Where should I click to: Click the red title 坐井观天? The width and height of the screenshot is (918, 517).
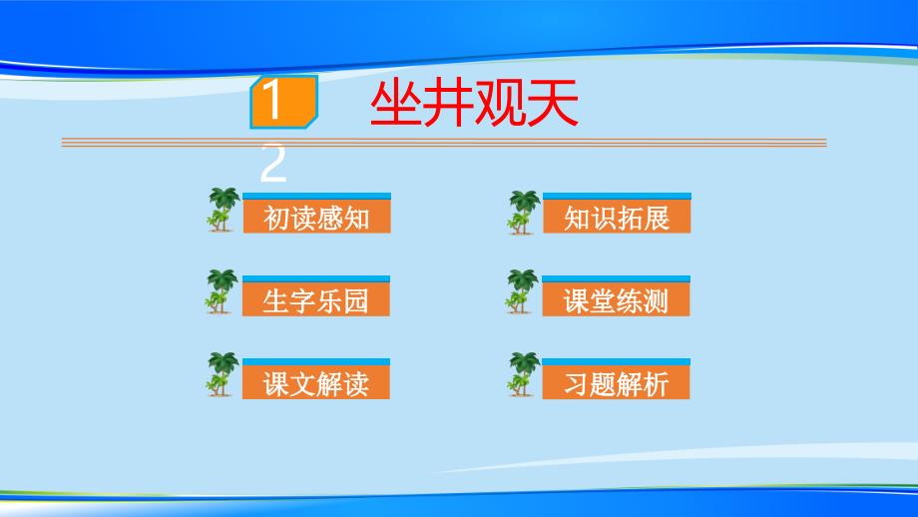pyautogui.click(x=474, y=104)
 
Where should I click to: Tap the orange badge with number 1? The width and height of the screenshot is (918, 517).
pyautogui.click(x=284, y=102)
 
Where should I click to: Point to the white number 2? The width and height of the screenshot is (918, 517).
pyautogui.click(x=272, y=164)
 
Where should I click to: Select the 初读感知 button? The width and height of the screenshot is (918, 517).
pyautogui.click(x=316, y=217)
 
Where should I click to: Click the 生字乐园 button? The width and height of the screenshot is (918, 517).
pyautogui.click(x=316, y=299)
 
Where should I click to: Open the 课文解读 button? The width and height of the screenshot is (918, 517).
pyautogui.click(x=316, y=383)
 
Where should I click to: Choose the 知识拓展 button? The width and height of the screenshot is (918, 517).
pyautogui.click(x=617, y=217)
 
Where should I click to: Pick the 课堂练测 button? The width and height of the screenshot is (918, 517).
pyautogui.click(x=616, y=299)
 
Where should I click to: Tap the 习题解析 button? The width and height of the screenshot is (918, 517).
pyautogui.click(x=616, y=383)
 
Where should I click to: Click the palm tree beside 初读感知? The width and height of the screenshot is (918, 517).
pyautogui.click(x=224, y=210)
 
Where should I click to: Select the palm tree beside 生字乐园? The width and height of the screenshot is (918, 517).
pyautogui.click(x=222, y=291)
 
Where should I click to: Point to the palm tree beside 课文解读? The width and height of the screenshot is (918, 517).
pyautogui.click(x=222, y=374)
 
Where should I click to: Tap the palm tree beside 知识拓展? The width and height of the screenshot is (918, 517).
pyautogui.click(x=524, y=212)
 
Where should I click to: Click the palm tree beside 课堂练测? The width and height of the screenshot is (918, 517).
pyautogui.click(x=522, y=291)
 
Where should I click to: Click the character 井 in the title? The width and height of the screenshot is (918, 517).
pyautogui.click(x=448, y=104)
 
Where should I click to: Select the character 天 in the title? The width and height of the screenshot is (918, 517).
pyautogui.click(x=553, y=104)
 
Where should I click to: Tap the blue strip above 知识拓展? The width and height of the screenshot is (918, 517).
pyautogui.click(x=617, y=197)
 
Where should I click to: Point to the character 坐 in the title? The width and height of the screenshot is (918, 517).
pyautogui.click(x=395, y=104)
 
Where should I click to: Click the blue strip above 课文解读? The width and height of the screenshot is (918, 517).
pyautogui.click(x=316, y=362)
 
